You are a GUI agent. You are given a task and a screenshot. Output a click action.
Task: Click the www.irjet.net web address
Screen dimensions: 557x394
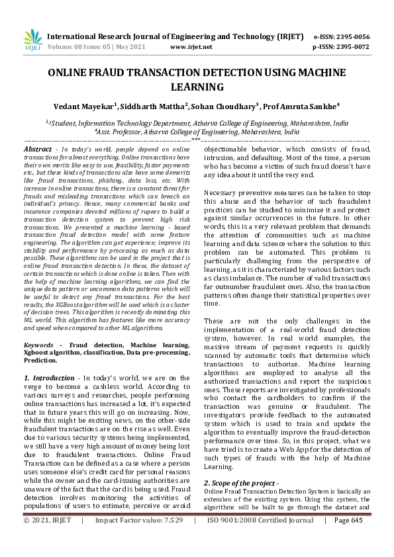[191, 47]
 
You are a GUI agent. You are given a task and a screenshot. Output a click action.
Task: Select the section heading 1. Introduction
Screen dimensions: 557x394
[48, 377]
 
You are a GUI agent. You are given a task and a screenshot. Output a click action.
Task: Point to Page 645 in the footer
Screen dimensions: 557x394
[348, 539]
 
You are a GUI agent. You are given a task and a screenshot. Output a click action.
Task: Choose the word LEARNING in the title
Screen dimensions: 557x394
[197, 87]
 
